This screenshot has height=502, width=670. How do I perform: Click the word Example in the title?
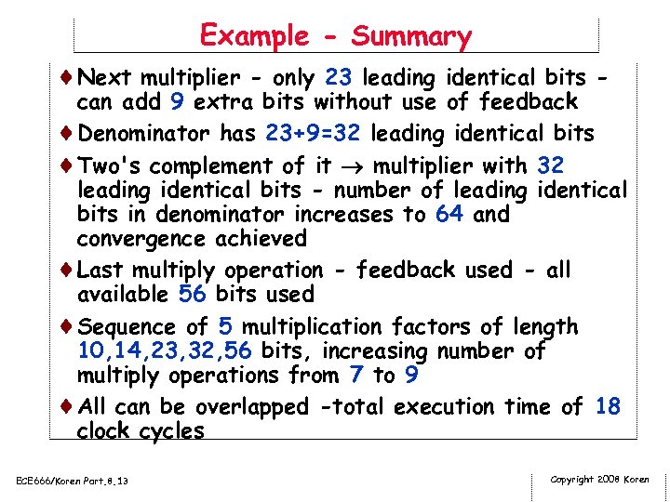click(x=254, y=36)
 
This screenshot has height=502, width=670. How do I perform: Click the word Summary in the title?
click(x=411, y=37)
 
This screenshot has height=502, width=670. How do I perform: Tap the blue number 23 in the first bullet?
click(x=339, y=77)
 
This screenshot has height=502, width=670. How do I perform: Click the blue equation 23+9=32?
click(x=313, y=133)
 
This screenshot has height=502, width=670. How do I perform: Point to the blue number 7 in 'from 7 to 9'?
click(x=356, y=376)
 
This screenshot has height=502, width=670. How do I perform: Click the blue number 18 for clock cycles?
click(x=607, y=406)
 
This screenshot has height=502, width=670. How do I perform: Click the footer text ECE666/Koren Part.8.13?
click(x=73, y=481)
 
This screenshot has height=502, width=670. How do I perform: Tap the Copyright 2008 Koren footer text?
click(x=600, y=480)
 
